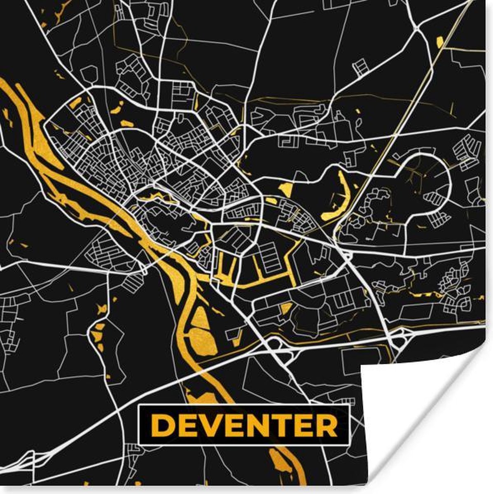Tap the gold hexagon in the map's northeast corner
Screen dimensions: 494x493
[x=439, y=42]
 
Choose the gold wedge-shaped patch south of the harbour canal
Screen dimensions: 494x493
[x=286, y=308]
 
